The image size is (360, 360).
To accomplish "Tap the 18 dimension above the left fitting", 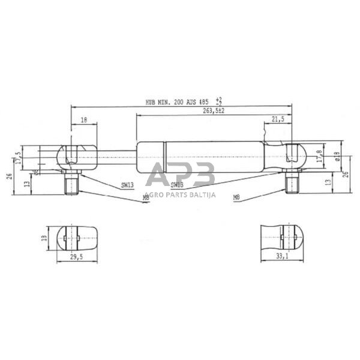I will tap(83, 121).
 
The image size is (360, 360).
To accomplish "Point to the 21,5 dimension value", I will tap(277, 119).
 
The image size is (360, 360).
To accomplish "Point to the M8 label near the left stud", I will tap(146, 197).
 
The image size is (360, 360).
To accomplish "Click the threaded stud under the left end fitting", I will tap(71, 182).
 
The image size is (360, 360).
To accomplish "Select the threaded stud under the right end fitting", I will tap(292, 182).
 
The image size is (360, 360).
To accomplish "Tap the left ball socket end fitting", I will tap(76, 157).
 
